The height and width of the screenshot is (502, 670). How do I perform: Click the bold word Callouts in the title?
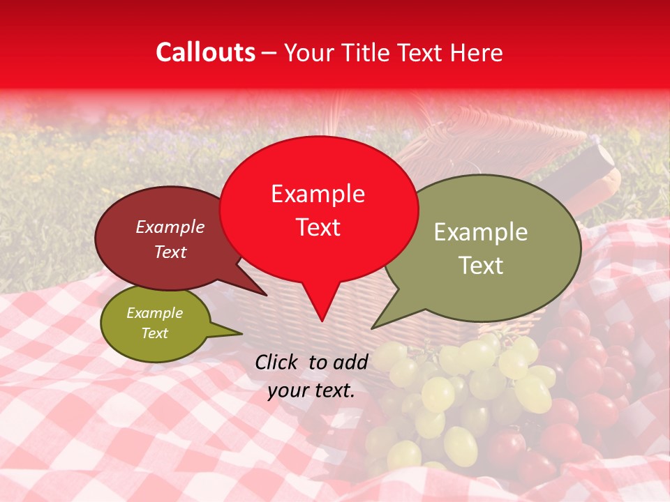[205, 53]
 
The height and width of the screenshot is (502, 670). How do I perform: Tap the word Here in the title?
[477, 53]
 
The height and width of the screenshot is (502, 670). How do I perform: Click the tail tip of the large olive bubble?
[372, 328]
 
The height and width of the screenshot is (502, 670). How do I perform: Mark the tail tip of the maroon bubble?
[266, 295]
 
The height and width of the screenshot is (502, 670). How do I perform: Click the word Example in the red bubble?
[318, 194]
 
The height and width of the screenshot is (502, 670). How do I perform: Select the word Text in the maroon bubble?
[170, 252]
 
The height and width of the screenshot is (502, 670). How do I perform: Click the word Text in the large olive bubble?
[482, 266]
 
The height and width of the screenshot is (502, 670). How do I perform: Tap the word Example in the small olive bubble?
[154, 313]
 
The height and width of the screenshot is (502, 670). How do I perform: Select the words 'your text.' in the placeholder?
[311, 390]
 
